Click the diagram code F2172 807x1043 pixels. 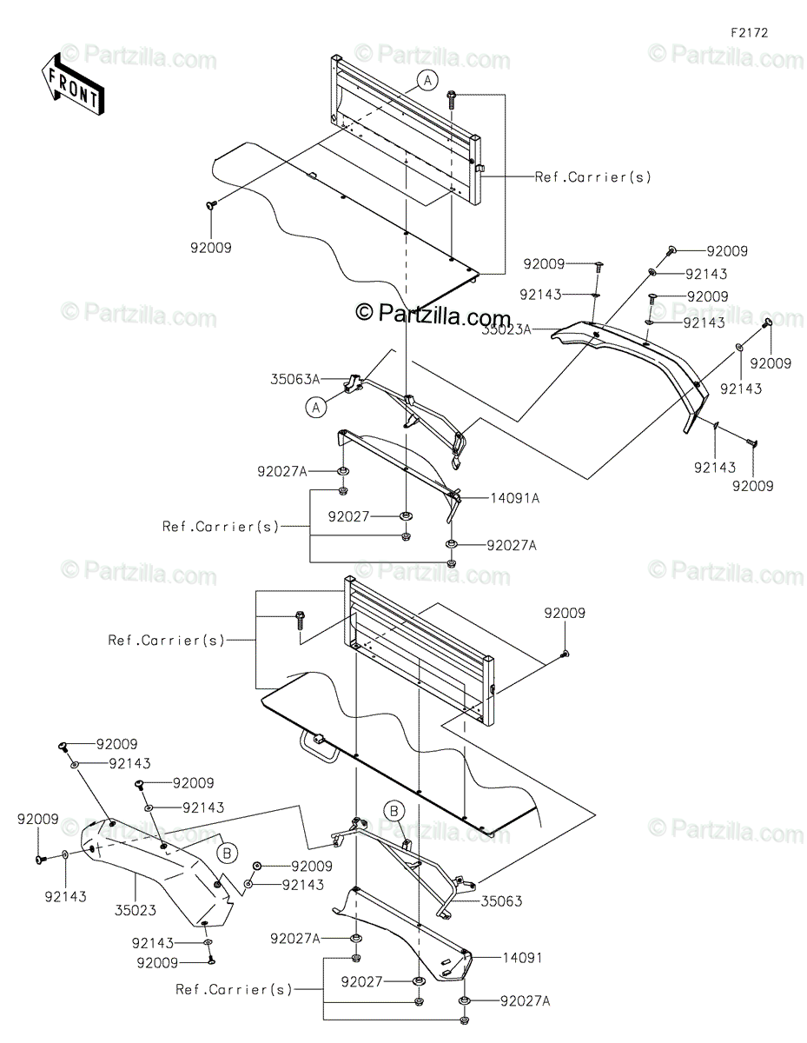748,33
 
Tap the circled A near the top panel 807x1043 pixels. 426,81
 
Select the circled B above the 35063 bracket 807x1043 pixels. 394,812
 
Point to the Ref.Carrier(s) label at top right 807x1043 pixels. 592,176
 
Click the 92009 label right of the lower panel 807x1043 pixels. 565,613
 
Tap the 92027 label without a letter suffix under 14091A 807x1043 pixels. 374,516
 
